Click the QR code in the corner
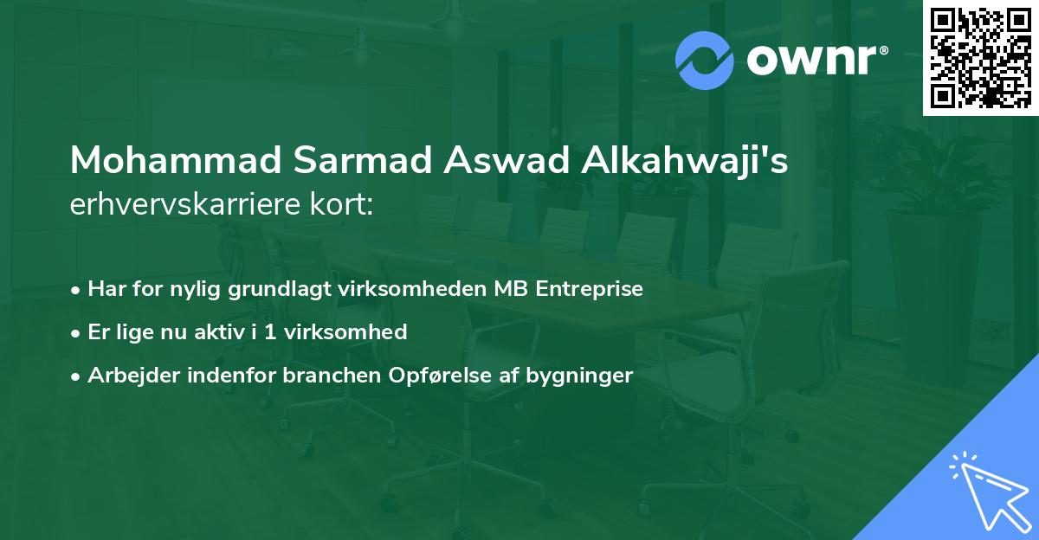pyautogui.click(x=980, y=57)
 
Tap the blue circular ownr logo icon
pyautogui.click(x=706, y=61)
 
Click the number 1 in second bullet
pyautogui.click(x=271, y=332)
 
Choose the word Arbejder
pyautogui.click(x=124, y=376)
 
